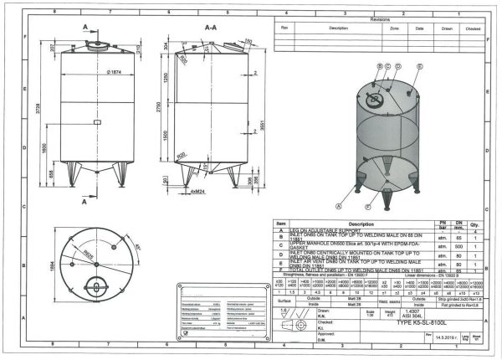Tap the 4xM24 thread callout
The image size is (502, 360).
click(x=198, y=192)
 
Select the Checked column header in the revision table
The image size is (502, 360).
click(x=473, y=28)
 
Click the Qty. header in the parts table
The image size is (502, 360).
click(x=478, y=224)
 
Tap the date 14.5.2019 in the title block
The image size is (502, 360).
click(x=448, y=337)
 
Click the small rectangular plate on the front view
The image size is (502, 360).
click(x=96, y=122)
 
